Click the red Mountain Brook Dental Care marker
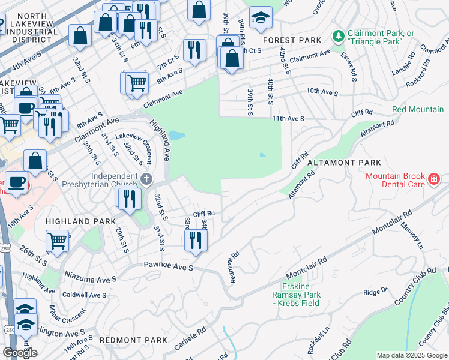click(x=433, y=179)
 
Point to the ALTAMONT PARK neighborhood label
click(x=344, y=163)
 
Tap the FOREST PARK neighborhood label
click(x=291, y=40)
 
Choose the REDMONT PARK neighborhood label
click(x=133, y=340)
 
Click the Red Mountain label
click(x=418, y=109)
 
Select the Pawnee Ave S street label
click(x=168, y=265)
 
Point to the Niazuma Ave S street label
click(x=90, y=280)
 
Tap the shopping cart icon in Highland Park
click(x=57, y=241)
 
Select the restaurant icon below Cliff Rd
click(x=196, y=239)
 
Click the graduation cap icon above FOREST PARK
click(x=261, y=18)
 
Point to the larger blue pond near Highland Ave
click(x=176, y=135)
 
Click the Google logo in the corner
click(x=20, y=353)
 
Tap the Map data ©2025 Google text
click(x=412, y=355)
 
